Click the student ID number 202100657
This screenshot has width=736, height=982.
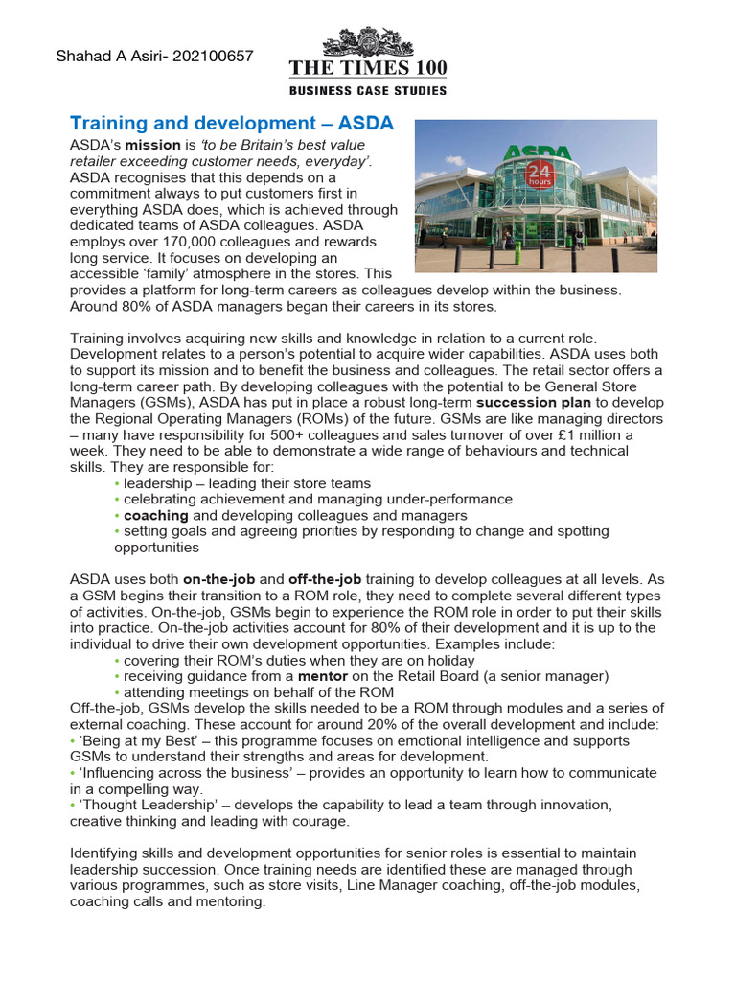(x=216, y=56)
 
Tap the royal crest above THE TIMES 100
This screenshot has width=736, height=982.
(x=368, y=42)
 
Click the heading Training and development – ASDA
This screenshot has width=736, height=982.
(x=232, y=124)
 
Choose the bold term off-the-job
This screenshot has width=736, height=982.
(x=324, y=579)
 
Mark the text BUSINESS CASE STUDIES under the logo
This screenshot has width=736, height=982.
(x=368, y=90)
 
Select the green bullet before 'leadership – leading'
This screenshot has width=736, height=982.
(x=118, y=483)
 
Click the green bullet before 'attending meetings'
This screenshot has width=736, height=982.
(x=118, y=692)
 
